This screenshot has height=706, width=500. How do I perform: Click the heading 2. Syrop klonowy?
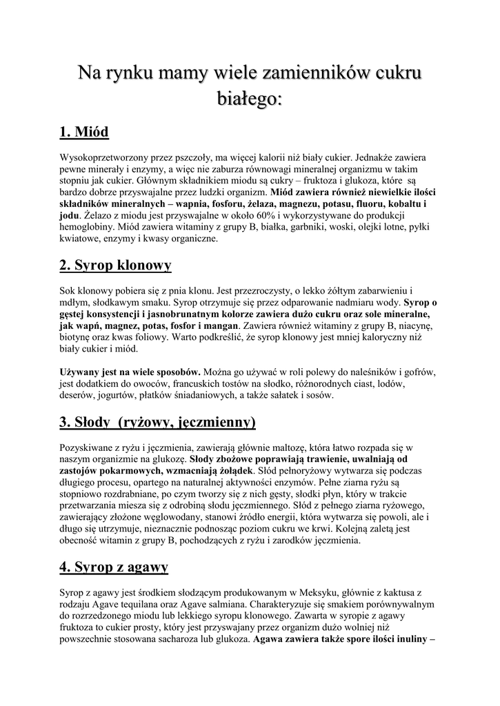coord(115,265)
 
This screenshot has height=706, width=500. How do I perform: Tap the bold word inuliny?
coord(405,640)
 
